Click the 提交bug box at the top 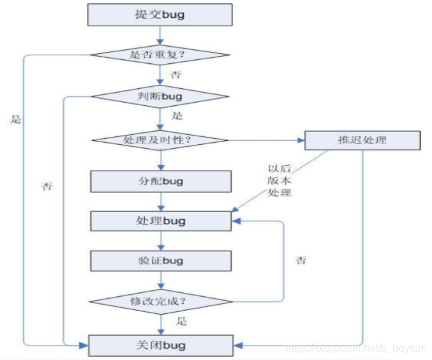point(160,14)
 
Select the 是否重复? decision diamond point(160,55)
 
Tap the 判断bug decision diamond point(160,97)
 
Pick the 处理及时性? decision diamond point(160,140)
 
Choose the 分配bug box point(160,180)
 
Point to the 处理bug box point(160,220)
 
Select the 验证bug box point(160,261)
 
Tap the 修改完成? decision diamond point(160,301)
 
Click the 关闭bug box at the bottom point(160,344)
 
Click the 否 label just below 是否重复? point(175,75)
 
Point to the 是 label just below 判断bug point(176,116)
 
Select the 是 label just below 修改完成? point(181,321)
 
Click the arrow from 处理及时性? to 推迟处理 point(267,140)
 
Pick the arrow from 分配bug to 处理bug point(160,201)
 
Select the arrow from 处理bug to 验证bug point(160,241)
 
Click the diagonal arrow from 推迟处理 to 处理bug point(283,180)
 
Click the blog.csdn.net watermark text point(355,346)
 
